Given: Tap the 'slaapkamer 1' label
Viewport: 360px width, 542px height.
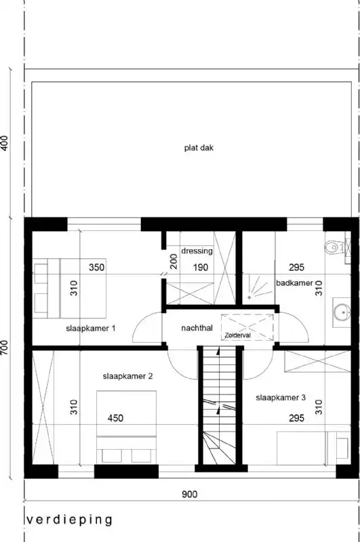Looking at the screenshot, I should coord(91,329).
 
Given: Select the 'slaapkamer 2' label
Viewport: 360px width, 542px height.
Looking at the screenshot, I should coord(127,376).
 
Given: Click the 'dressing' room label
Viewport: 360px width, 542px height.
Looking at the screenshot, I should coord(197,251).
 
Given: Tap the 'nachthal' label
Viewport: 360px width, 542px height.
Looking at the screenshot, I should coord(197,329).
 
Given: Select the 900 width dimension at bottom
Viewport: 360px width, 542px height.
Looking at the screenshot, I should coord(189,495).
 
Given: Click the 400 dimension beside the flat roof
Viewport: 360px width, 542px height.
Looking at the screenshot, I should coord(5,143).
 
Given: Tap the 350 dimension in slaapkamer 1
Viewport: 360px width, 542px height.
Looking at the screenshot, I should coord(97,268).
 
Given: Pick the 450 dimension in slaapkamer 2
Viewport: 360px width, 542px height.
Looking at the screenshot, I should coord(115,418).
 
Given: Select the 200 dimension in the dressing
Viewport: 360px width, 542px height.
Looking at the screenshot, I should coord(174,262).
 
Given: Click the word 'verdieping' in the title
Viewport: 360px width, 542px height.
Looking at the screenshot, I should coord(69,520).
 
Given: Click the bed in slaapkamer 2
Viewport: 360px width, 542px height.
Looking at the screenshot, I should coord(127,430).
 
